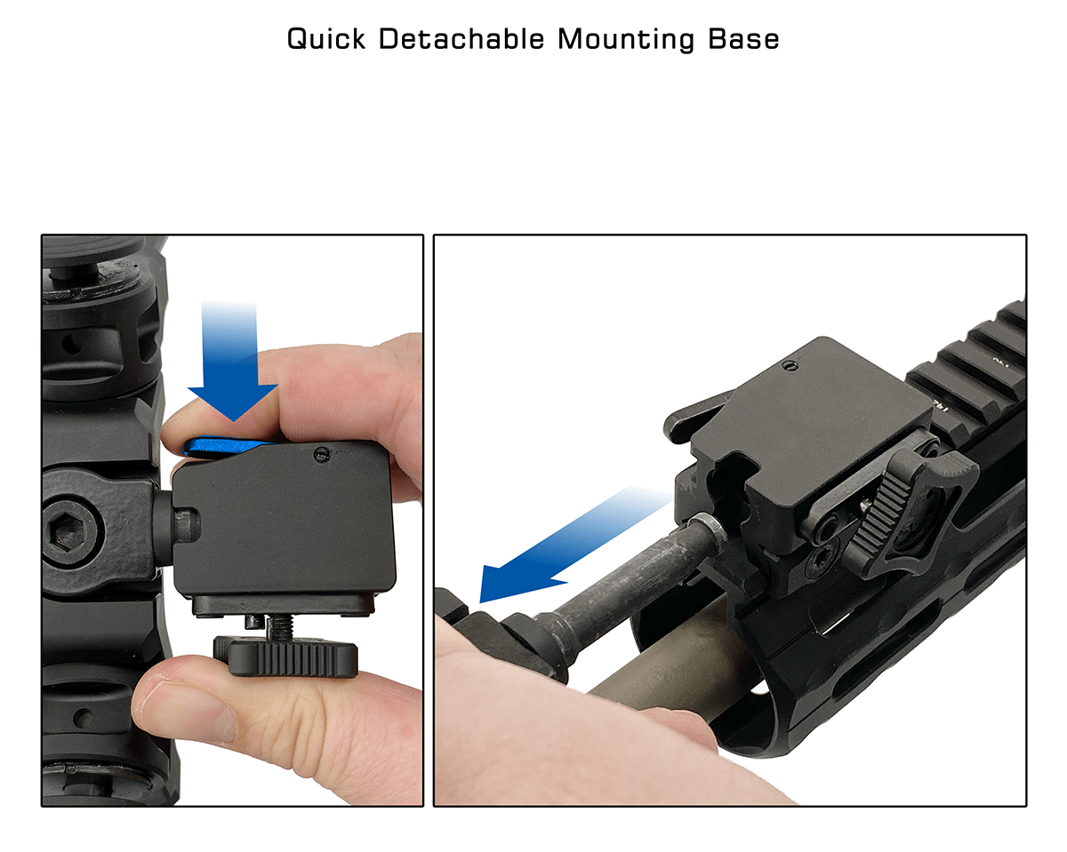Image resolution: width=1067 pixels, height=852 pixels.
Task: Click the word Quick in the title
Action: [x=326, y=40]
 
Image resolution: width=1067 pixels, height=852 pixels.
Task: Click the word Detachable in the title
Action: [x=461, y=38]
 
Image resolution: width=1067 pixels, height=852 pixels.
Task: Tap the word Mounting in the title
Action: [x=626, y=40]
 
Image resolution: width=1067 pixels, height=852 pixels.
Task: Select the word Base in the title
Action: [x=743, y=38]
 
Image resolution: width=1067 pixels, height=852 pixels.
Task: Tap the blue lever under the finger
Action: [x=223, y=446]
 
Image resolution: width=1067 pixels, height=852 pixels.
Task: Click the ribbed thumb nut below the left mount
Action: [x=286, y=657]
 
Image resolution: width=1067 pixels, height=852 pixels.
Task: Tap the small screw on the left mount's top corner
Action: [x=322, y=454]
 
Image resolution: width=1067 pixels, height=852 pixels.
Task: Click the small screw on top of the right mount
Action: [x=790, y=366]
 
